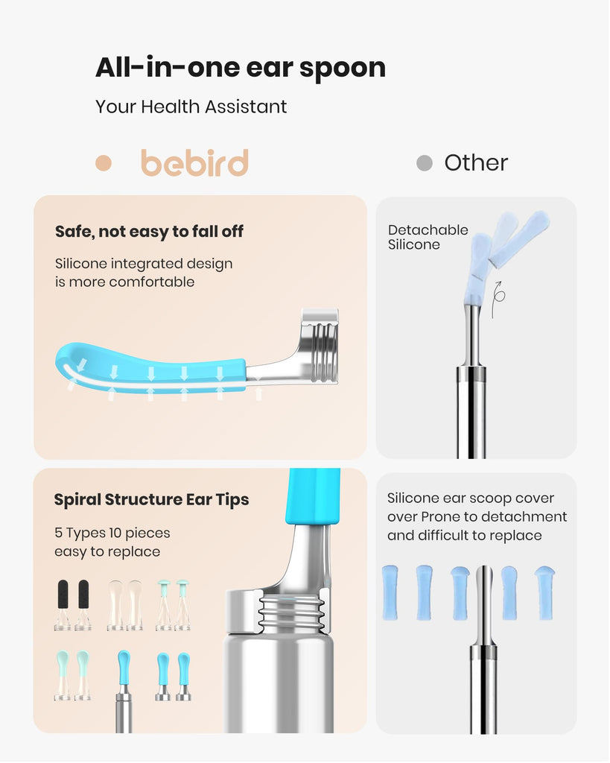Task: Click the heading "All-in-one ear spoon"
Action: [241, 68]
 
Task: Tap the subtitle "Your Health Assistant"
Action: [191, 107]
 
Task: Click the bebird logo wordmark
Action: [194, 162]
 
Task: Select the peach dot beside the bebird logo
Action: [104, 163]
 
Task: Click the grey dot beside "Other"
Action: [425, 163]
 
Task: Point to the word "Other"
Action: [476, 163]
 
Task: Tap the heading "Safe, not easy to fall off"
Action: [149, 232]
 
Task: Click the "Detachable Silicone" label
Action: [428, 237]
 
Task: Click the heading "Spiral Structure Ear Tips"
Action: [151, 500]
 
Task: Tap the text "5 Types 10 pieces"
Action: [112, 533]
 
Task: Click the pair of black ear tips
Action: [74, 605]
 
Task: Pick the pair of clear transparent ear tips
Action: [125, 605]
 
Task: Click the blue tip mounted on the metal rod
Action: [124, 668]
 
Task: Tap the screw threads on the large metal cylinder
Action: [291, 612]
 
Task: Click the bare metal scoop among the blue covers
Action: [484, 604]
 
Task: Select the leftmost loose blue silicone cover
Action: [390, 592]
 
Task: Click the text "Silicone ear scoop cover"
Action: [471, 498]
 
